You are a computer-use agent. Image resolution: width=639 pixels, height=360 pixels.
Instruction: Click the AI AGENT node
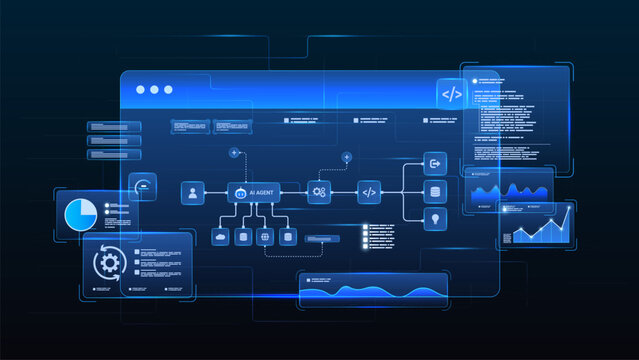253,193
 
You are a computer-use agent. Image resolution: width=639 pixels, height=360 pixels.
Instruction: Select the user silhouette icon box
192,193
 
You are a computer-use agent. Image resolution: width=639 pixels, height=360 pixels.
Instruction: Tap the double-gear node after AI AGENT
319,192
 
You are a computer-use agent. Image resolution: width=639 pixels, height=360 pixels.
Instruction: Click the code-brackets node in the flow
369,192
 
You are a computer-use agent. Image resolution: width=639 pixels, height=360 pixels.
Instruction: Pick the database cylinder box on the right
435,191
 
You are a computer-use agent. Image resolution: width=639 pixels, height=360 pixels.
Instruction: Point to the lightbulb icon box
435,219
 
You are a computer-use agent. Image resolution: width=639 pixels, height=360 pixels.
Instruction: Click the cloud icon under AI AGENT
221,237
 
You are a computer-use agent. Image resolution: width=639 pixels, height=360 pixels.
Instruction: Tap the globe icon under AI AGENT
265,237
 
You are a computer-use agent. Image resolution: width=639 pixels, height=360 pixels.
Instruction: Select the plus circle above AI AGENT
234,153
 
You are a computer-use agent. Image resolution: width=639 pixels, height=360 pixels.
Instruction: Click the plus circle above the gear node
347,157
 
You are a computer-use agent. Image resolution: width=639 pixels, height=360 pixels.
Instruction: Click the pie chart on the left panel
79,214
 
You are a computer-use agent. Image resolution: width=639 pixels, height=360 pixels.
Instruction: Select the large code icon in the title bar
452,94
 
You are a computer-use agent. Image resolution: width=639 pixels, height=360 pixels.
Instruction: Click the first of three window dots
140,90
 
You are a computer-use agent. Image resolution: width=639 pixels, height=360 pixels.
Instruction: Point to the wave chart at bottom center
372,291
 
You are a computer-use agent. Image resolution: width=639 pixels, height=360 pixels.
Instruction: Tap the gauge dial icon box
143,187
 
